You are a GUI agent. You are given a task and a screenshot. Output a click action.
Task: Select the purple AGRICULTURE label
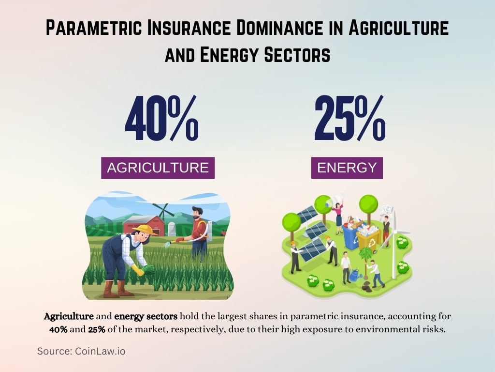[x=158, y=168]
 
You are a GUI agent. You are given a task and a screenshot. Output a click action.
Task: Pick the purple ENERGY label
[x=347, y=168]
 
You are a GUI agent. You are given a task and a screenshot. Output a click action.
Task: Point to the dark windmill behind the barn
[x=163, y=211]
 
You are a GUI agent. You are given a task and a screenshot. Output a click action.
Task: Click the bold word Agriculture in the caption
[x=69, y=317]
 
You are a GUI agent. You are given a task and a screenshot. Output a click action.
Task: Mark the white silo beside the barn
[x=171, y=229]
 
